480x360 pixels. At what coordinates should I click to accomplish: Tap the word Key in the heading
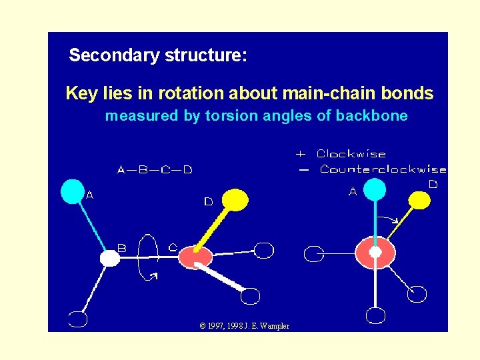(x=81, y=94)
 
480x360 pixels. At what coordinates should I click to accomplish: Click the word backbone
(x=371, y=117)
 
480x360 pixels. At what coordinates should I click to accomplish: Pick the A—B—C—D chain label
(x=155, y=170)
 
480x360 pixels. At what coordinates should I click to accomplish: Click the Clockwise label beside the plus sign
(x=351, y=154)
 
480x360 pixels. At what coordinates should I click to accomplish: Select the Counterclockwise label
(x=383, y=169)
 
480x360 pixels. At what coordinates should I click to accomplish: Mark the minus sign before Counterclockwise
(x=304, y=170)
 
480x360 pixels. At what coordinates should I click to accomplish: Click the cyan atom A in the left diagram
(x=73, y=191)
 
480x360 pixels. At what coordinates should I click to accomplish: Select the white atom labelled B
(x=109, y=258)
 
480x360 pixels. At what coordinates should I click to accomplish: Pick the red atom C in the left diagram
(x=195, y=257)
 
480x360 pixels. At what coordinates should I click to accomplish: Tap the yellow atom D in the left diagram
(x=235, y=199)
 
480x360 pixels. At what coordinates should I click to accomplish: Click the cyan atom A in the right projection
(x=375, y=189)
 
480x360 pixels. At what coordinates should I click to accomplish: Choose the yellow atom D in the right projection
(x=419, y=199)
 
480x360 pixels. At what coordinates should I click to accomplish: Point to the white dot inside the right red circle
(x=375, y=252)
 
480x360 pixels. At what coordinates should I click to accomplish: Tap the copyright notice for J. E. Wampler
(x=244, y=325)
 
